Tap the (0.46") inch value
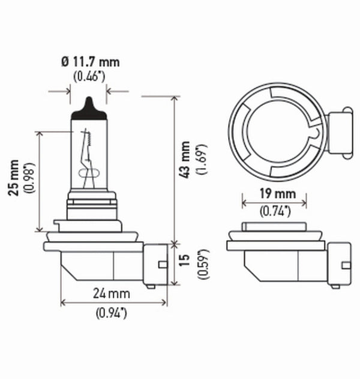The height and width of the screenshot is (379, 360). coord(89,76)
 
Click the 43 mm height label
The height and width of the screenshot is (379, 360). coord(185,160)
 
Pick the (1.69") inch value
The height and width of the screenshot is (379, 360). coord(202,160)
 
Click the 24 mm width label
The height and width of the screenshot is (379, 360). coord(112,294)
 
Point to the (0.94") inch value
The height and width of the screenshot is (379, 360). coord(112,311)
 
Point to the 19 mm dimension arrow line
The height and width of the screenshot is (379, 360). coord(274,203)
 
